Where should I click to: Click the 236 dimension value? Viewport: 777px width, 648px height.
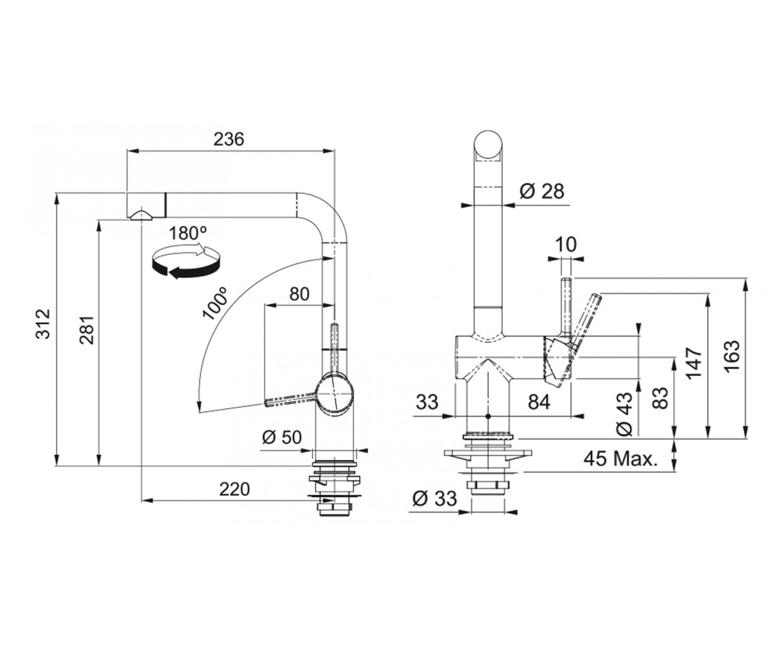click(229, 139)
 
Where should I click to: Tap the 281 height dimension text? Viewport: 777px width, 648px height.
click(88, 330)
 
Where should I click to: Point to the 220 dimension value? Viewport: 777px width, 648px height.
click(234, 489)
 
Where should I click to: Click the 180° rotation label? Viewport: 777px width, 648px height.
click(188, 233)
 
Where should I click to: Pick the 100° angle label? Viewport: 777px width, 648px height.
click(215, 303)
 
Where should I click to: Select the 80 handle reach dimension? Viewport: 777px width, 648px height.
click(300, 294)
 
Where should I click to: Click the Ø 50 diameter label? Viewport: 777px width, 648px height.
click(282, 437)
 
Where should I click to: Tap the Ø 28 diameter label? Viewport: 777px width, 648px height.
click(542, 191)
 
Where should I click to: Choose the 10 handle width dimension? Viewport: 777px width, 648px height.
click(566, 245)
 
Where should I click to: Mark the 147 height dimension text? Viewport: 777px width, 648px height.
click(693, 363)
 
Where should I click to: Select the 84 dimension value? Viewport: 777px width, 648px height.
click(539, 402)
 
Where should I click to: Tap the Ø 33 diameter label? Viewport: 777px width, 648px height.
click(434, 498)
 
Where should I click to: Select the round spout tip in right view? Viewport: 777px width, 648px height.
click(489, 146)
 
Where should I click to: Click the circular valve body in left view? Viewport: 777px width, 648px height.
click(334, 394)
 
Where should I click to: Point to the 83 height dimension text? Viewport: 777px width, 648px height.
click(660, 398)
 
